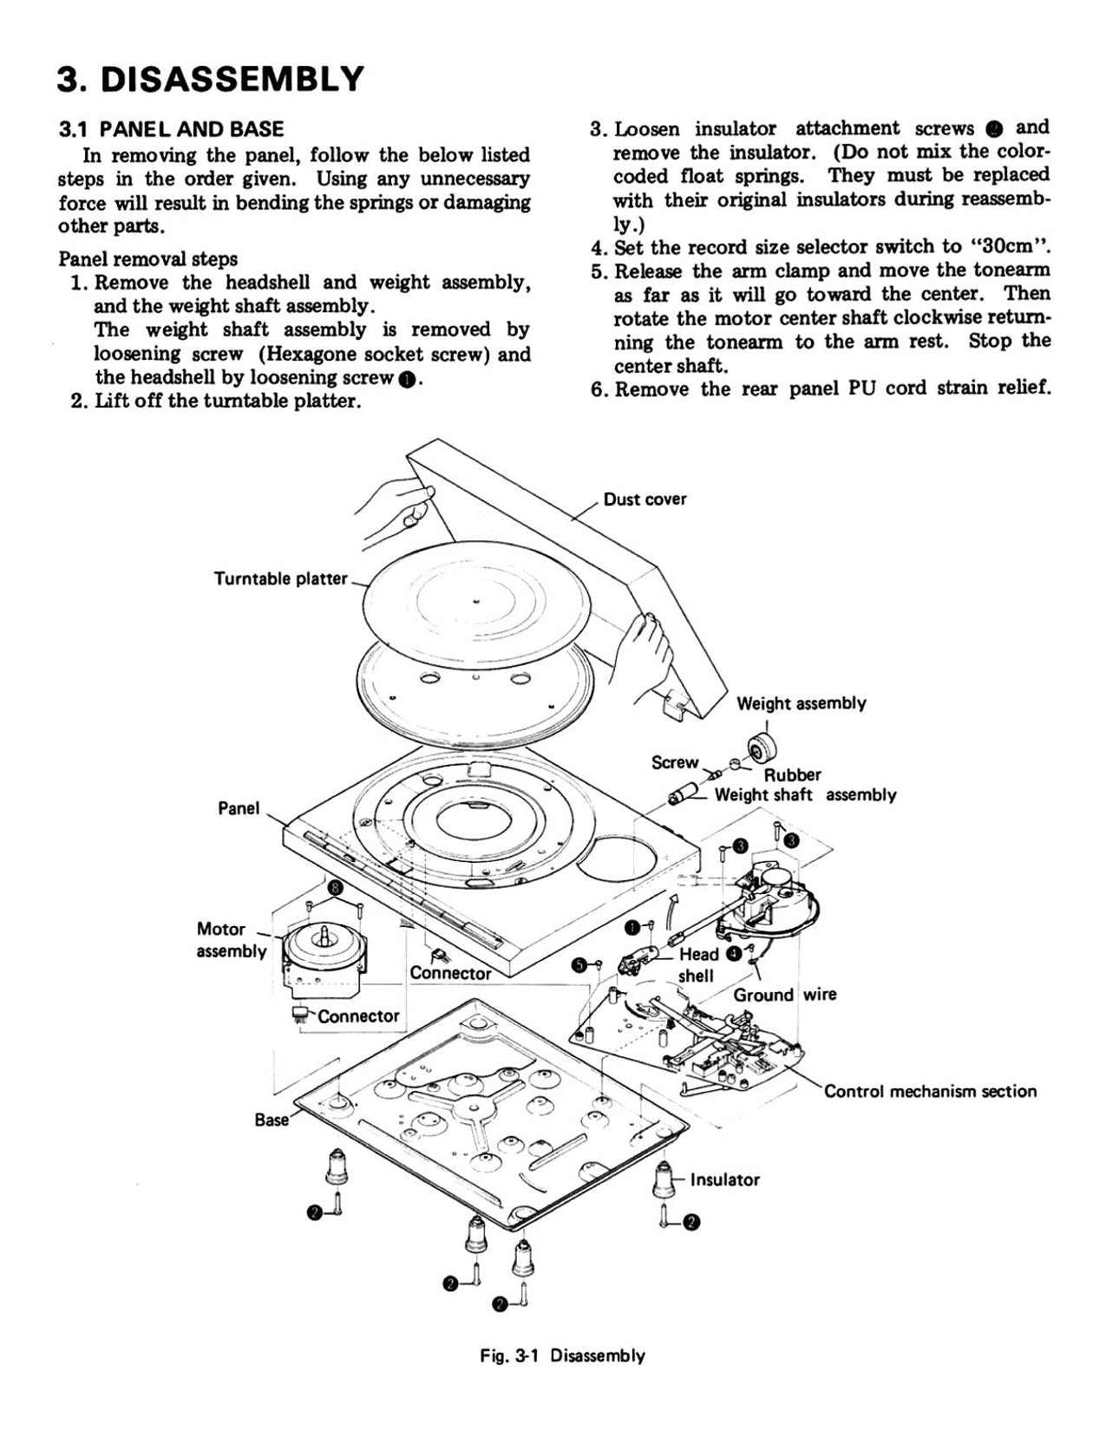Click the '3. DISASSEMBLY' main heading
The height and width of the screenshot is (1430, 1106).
(210, 79)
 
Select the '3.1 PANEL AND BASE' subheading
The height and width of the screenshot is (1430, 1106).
(171, 130)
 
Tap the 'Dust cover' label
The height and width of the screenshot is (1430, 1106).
(645, 500)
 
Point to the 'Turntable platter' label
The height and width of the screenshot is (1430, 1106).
(280, 578)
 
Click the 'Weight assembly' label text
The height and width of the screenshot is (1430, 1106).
(801, 703)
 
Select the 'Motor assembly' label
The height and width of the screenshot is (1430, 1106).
(230, 940)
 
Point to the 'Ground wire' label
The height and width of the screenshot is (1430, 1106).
(784, 995)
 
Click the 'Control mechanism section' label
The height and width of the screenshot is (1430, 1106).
(930, 1091)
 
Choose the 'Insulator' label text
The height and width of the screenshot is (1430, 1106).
(724, 1179)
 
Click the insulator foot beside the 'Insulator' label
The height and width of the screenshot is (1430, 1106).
(664, 1179)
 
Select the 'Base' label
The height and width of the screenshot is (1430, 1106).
(271, 1120)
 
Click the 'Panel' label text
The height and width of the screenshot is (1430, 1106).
(238, 808)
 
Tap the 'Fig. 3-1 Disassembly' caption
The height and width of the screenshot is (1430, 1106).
(562, 1355)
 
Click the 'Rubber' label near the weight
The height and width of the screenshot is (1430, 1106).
(792, 774)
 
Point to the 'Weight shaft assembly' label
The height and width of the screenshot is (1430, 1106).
(805, 794)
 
